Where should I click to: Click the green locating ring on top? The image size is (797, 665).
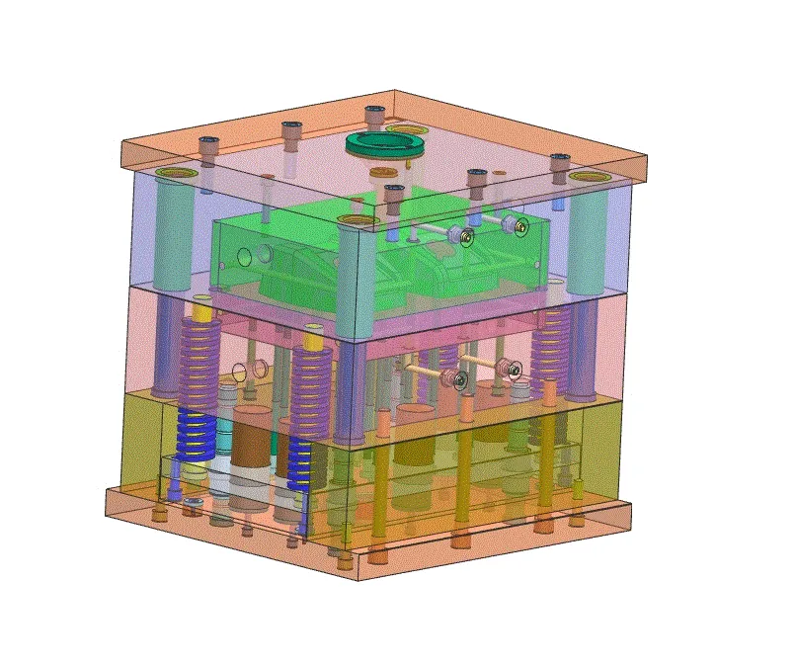[385, 145]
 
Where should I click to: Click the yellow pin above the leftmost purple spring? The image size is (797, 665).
[204, 310]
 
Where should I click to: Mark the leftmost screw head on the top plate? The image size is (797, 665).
[208, 144]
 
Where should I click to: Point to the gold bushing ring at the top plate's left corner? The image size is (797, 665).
[178, 174]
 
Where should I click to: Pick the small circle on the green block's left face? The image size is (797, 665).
[243, 259]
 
